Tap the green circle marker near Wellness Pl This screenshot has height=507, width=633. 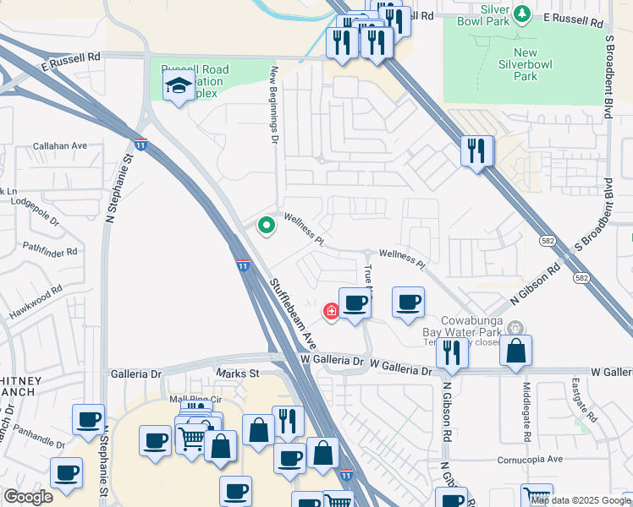(267, 226)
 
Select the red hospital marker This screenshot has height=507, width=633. (331, 312)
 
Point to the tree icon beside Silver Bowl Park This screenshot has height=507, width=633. (522, 13)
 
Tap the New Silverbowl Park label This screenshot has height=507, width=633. (525, 64)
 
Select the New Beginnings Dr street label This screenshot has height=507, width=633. (274, 106)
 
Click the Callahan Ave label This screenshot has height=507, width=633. (60, 145)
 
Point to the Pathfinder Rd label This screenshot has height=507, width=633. (50, 251)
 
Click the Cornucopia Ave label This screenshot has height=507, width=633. (530, 459)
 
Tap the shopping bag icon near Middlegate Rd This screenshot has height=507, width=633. (515, 351)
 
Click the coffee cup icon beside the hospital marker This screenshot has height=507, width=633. (355, 303)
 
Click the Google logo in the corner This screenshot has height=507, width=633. (28, 497)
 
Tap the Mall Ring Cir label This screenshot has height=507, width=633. (195, 399)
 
